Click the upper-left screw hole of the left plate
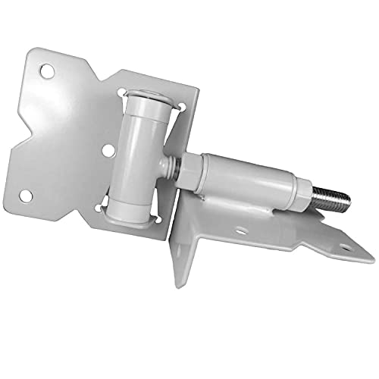point(47,70)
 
